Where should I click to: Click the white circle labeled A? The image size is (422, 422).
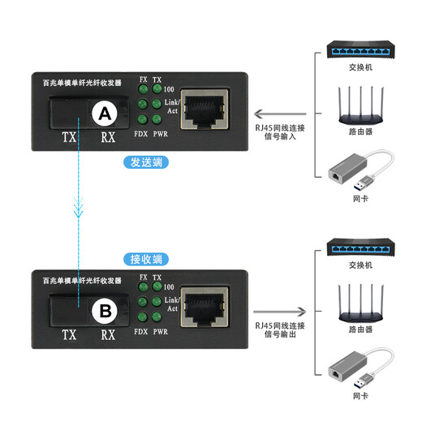(x=105, y=114)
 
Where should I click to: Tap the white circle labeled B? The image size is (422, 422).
(x=105, y=311)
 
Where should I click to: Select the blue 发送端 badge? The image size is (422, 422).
(x=146, y=162)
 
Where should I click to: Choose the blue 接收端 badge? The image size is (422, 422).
(x=146, y=260)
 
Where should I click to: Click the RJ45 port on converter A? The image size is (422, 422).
(x=205, y=109)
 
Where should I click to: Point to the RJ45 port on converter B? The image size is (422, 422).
(x=205, y=307)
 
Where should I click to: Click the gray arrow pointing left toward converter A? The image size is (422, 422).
(x=280, y=114)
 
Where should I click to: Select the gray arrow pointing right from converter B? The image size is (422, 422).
(x=280, y=312)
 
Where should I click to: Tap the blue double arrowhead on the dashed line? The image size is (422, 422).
(x=79, y=208)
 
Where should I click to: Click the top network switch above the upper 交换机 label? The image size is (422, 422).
(x=360, y=50)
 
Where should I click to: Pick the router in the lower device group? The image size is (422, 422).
(x=360, y=303)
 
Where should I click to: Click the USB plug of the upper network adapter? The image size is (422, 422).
(x=365, y=183)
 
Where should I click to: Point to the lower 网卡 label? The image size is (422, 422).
(x=360, y=396)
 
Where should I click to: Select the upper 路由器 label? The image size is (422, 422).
(x=360, y=131)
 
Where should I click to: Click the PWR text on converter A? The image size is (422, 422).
(x=161, y=134)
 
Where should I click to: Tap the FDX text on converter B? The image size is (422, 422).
(x=141, y=332)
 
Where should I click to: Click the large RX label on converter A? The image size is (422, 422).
(x=108, y=137)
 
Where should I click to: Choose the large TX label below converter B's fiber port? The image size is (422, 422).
(x=69, y=335)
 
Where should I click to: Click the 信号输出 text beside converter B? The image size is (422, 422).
(x=280, y=334)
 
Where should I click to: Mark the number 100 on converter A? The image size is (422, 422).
(x=169, y=89)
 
